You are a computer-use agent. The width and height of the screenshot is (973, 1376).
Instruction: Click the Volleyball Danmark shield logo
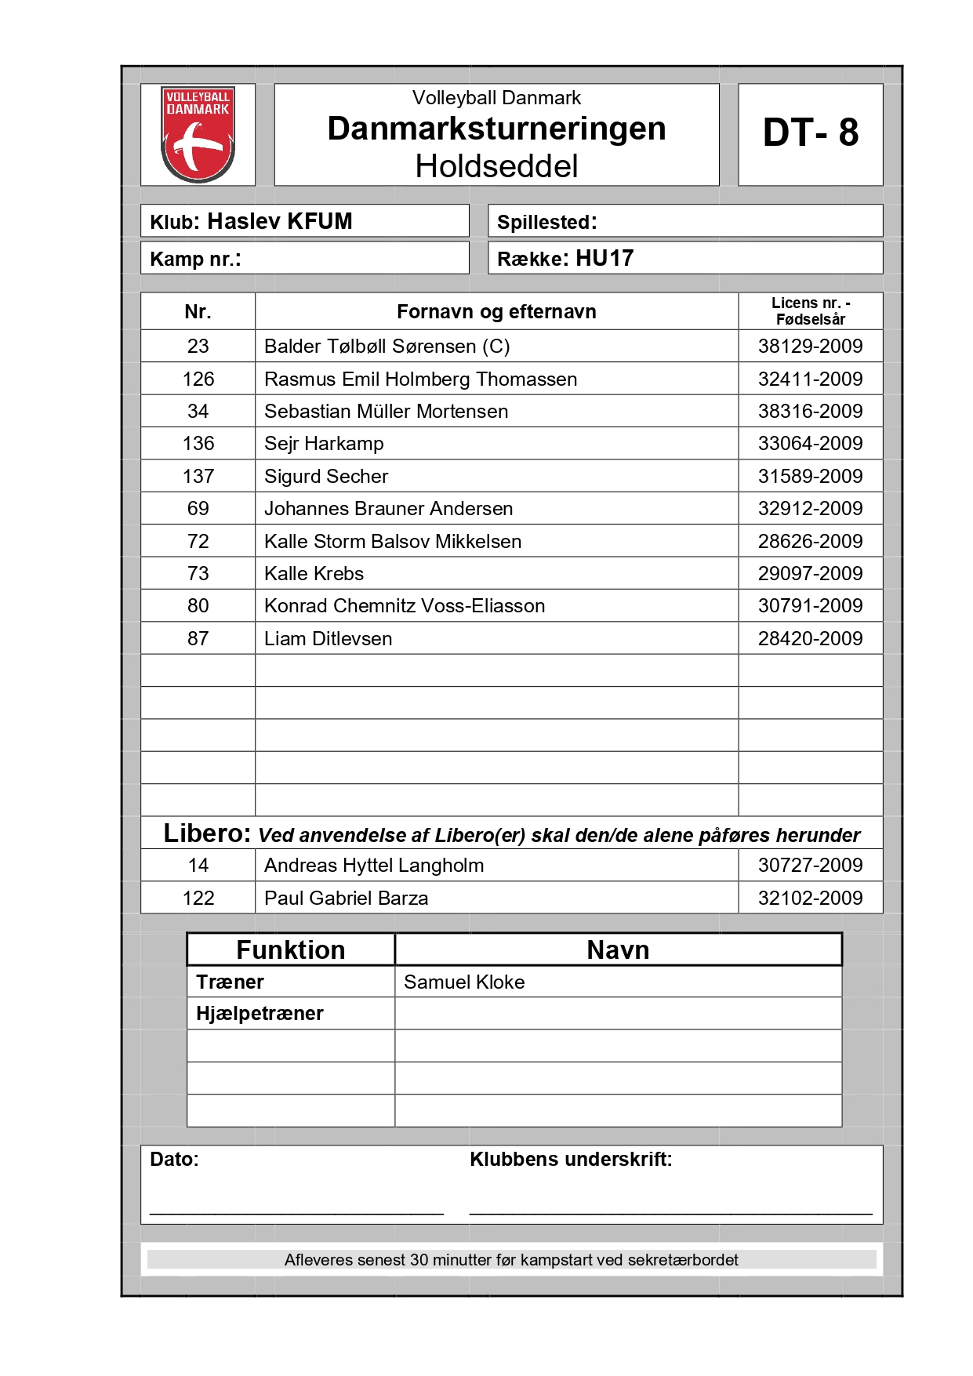coord(198,134)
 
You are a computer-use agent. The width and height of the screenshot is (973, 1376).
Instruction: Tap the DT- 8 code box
coord(810,133)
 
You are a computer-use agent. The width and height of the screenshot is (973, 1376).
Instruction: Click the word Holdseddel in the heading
coord(496,166)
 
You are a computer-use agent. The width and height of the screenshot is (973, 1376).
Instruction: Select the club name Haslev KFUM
coord(279,222)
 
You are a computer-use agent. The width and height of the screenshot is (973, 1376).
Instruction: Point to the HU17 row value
coord(604,259)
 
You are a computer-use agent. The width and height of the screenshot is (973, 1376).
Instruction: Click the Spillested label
coord(546,223)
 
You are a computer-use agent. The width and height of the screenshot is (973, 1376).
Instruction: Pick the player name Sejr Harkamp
coord(324,444)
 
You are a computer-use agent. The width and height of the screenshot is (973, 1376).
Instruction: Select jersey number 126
coord(198,379)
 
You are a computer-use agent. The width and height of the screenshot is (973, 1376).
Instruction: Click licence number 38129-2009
coord(810,347)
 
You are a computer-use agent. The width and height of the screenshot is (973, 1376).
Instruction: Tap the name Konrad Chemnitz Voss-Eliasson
coord(405,606)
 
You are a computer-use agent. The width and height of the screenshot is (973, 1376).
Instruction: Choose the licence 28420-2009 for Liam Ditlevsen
coord(810,639)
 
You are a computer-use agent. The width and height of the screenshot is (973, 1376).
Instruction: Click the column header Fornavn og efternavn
coord(496,312)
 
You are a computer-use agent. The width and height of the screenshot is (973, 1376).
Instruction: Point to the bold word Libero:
coord(207,833)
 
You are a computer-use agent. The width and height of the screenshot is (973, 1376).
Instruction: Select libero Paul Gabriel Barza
coord(346,899)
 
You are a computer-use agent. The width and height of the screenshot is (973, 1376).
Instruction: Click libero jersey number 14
coord(198,866)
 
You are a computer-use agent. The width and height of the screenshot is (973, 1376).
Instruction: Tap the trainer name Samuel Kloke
coord(464,982)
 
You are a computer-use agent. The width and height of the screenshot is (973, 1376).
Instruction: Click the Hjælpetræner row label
coord(260,1014)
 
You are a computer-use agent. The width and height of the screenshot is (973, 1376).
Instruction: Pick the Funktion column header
coord(290,950)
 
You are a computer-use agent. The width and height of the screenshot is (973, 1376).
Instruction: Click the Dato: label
coord(174,1160)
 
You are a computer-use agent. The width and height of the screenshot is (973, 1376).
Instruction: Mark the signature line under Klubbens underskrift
coord(670,1213)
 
